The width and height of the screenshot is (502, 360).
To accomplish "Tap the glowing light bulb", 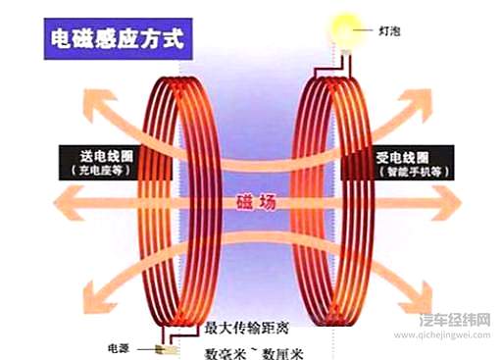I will (x=344, y=26).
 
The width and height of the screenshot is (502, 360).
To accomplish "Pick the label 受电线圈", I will (x=410, y=155).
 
